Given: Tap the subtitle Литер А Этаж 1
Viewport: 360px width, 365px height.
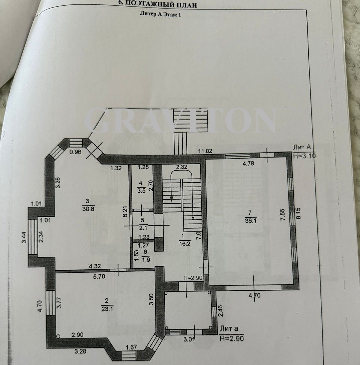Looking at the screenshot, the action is coord(160,14).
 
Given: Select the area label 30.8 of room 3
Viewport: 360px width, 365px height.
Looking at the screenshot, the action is coord(88,209).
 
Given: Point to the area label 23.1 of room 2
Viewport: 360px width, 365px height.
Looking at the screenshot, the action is coord(107,309).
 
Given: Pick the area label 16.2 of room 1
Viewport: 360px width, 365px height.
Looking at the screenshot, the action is coord(185,244).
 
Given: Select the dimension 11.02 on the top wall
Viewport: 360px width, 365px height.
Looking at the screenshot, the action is coord(205,151).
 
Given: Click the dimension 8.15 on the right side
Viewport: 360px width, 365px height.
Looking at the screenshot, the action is coord(298,213).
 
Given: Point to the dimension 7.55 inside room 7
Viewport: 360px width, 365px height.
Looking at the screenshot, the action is coord(282,215).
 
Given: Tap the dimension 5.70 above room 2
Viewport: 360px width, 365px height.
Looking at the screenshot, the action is coord(99,276).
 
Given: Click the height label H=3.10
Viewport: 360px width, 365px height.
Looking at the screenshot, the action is coord(304,156).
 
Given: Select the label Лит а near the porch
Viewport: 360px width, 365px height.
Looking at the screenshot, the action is coord(229,329).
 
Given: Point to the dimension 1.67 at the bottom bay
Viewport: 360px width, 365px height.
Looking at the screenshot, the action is coord(131,347).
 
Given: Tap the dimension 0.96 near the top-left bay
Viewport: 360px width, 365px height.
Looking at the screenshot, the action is coord(75,152).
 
